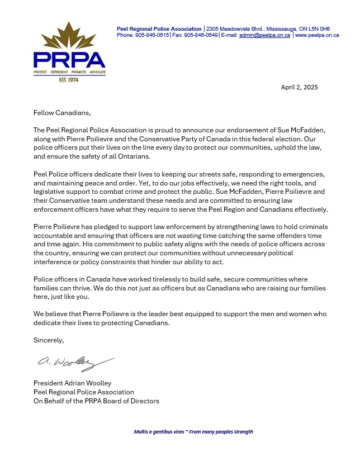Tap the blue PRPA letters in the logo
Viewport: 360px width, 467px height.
(70, 60)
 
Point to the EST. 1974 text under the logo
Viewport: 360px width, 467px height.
(70, 80)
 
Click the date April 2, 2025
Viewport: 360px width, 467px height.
(299, 87)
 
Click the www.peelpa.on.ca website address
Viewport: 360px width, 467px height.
(317, 35)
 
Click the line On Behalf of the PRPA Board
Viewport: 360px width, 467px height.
(96, 401)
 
